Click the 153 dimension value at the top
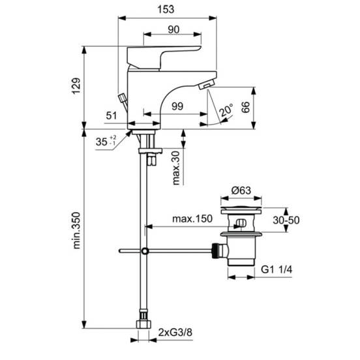point(166,9)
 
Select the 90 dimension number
point(173,29)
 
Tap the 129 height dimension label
point(76,86)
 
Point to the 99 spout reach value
point(177,106)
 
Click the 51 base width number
point(112,115)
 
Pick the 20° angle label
point(226,110)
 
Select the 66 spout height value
point(245,107)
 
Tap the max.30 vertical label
point(176,168)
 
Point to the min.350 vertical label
point(76,230)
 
